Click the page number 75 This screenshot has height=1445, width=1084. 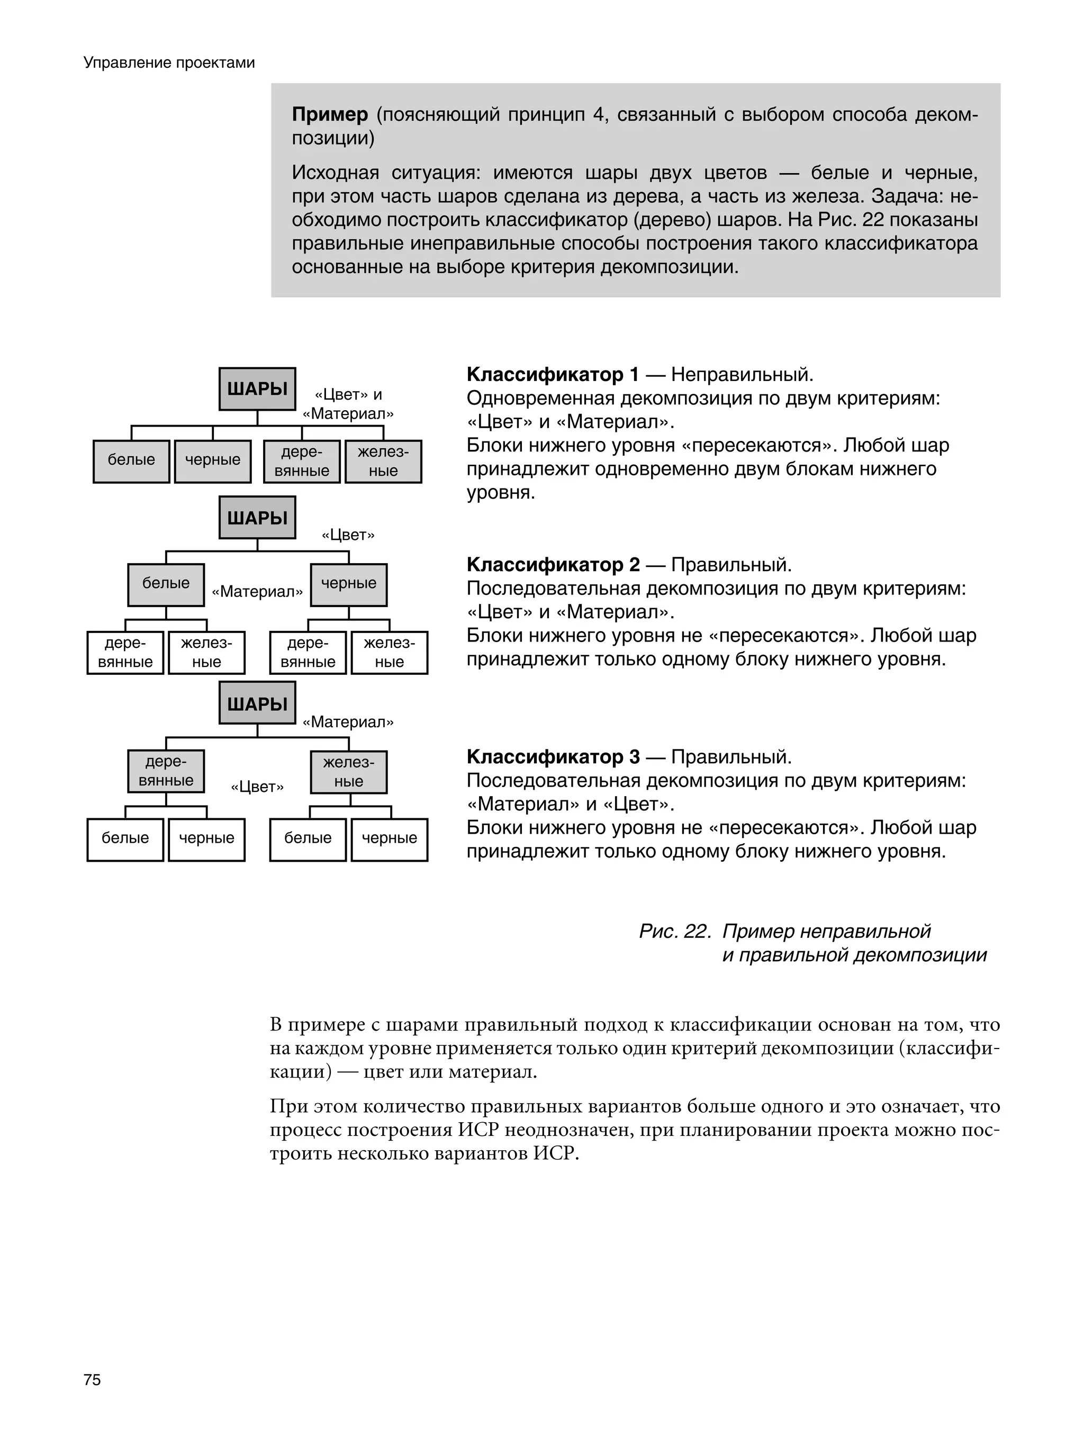[x=92, y=1380]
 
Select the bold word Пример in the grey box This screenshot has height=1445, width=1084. [x=330, y=114]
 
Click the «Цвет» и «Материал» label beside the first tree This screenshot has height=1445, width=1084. [x=348, y=404]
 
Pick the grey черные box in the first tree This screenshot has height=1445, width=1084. [x=212, y=460]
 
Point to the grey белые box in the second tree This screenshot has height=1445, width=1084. [x=166, y=584]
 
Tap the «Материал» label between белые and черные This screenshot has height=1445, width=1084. [x=257, y=592]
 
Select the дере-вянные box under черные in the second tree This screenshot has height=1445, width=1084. [x=308, y=652]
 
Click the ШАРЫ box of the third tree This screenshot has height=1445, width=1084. [x=257, y=703]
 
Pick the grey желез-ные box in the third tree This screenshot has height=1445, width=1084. [x=348, y=772]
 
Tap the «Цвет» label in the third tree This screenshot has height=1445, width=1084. [x=257, y=787]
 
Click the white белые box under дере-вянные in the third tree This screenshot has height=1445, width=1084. [x=125, y=839]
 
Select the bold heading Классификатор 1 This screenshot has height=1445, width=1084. [x=552, y=375]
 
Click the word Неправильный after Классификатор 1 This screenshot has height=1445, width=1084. [x=741, y=375]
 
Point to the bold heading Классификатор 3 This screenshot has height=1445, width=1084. [x=553, y=757]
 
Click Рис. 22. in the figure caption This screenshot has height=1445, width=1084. [x=674, y=931]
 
